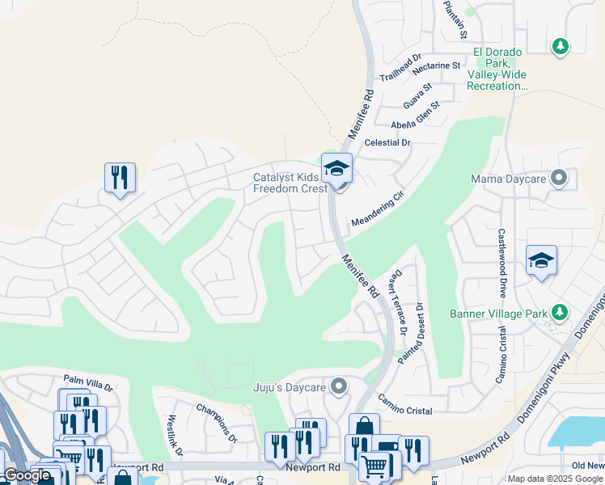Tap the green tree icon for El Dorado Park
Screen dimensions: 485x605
559,47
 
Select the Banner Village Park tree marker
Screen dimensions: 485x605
559,313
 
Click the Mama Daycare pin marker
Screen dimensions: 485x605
558,178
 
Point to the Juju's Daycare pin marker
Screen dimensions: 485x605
339,387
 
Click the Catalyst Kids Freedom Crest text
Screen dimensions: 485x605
290,183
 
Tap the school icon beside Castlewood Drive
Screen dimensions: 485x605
541,260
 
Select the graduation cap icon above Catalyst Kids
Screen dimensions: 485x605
336,168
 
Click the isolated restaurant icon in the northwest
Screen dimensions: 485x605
120,177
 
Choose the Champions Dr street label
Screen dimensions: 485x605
215,424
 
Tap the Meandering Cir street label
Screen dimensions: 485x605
376,210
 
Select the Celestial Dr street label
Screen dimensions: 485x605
388,142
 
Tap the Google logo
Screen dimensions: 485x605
27,475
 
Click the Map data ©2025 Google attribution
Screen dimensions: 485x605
555,479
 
